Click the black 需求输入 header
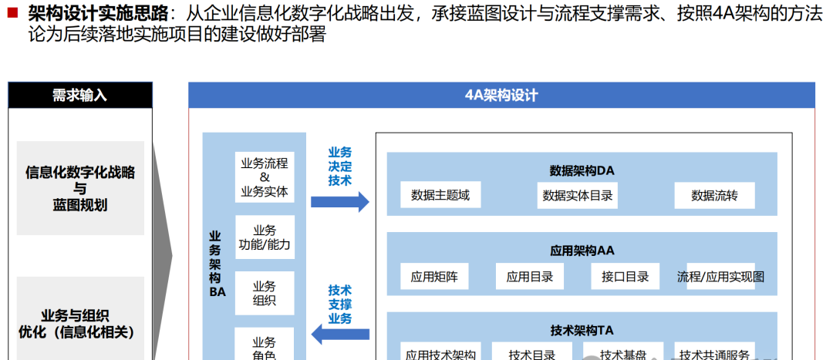click(79, 95)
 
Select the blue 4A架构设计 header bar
click(501, 95)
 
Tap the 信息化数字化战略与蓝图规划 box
click(80, 188)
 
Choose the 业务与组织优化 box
click(80, 323)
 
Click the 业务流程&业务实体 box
click(265, 177)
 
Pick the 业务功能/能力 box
click(265, 237)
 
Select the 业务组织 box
click(265, 293)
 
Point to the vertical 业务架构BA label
click(216, 262)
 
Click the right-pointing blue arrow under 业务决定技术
click(339, 202)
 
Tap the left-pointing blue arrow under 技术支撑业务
click(339, 334)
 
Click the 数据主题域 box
click(440, 195)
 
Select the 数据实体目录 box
click(578, 195)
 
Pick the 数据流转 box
click(714, 195)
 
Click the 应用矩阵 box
click(434, 276)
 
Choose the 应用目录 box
click(530, 276)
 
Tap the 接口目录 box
click(626, 276)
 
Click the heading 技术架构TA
click(582, 330)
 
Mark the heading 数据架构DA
click(582, 170)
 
